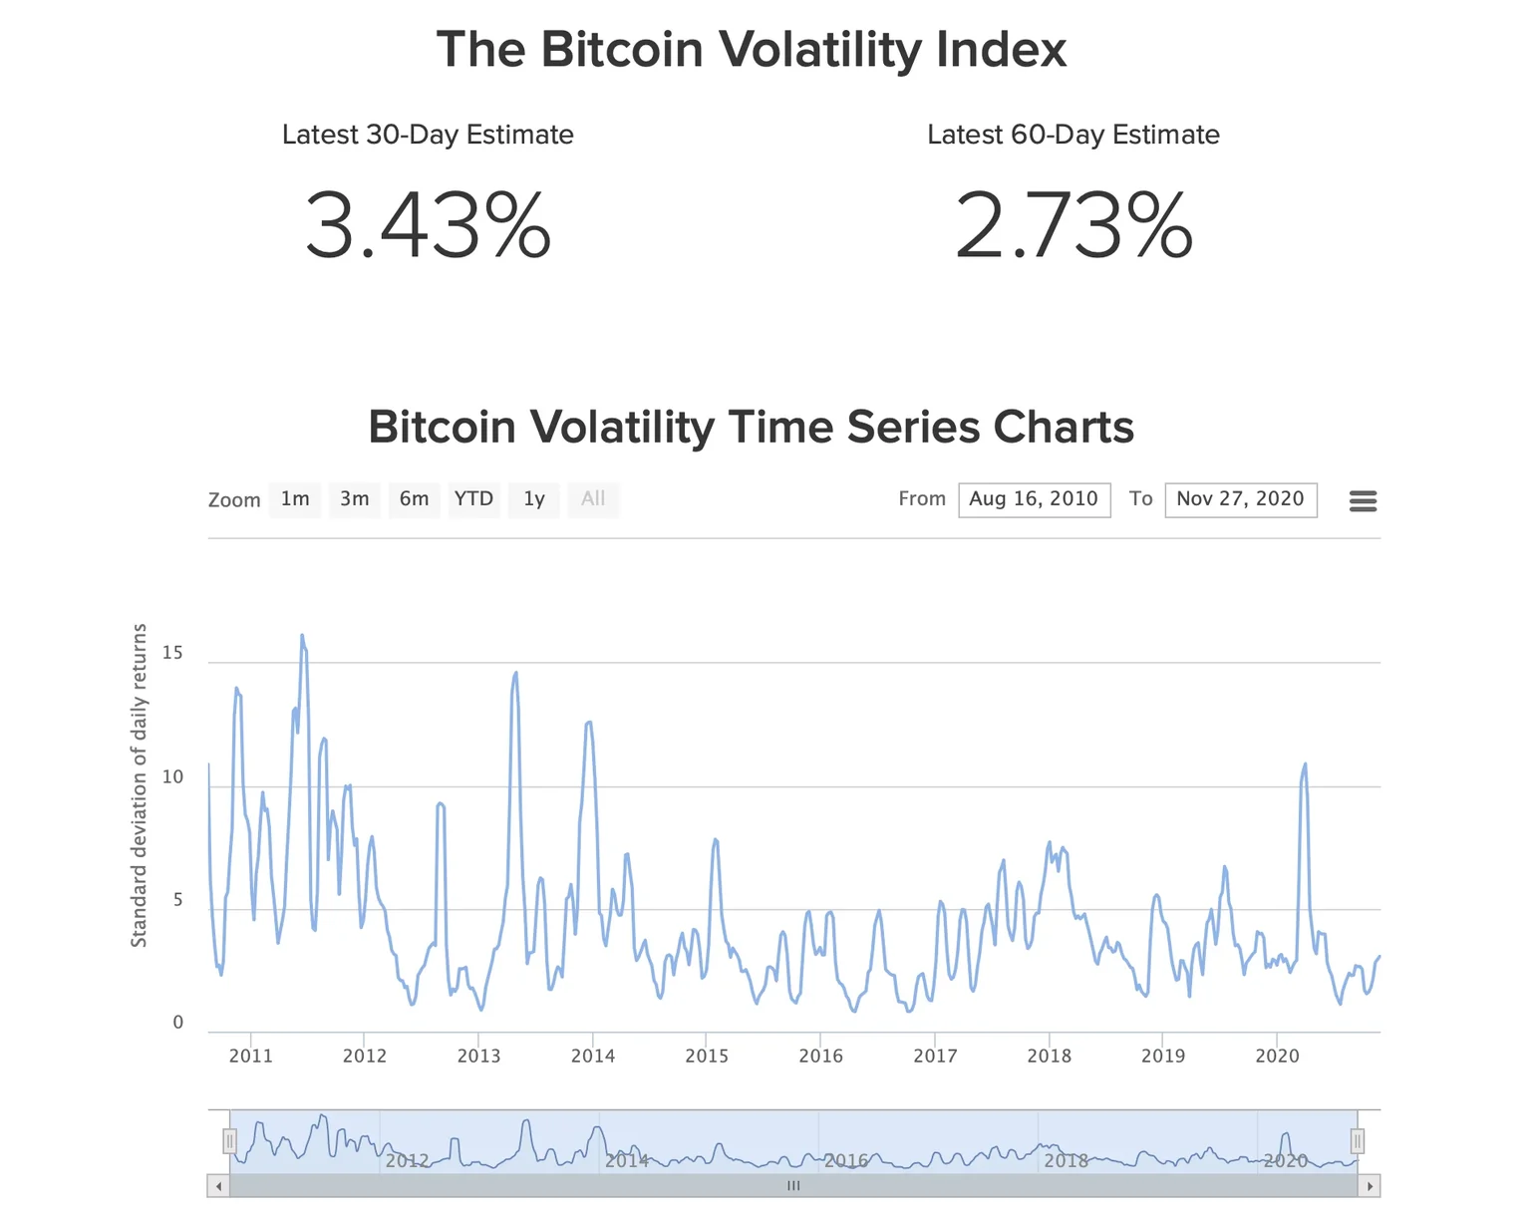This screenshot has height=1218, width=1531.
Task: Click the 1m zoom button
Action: click(x=295, y=499)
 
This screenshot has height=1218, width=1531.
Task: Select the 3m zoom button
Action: click(x=355, y=499)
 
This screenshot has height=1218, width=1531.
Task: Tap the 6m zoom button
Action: click(x=414, y=499)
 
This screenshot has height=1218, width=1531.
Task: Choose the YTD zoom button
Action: click(x=473, y=499)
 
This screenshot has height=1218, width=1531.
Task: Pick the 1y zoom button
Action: click(x=534, y=499)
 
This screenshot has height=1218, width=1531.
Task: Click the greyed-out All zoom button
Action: click(x=593, y=499)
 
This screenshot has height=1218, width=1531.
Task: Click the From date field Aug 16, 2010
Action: click(x=1034, y=499)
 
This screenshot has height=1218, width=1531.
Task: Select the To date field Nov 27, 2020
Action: click(x=1240, y=499)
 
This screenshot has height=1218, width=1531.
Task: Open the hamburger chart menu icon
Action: click(x=1363, y=500)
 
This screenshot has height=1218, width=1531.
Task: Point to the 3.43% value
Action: click(x=428, y=227)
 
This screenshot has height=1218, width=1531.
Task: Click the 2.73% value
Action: click(x=1073, y=227)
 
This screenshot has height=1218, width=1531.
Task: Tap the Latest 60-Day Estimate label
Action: click(x=1073, y=135)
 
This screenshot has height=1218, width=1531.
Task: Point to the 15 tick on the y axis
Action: click(x=172, y=653)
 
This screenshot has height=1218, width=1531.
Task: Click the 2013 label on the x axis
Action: click(x=478, y=1057)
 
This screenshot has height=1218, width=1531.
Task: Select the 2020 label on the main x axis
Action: click(x=1277, y=1057)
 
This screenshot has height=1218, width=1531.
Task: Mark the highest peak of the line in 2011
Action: click(x=302, y=636)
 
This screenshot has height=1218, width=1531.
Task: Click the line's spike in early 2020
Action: click(x=1305, y=764)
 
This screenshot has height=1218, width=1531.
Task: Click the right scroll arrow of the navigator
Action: click(x=1370, y=1186)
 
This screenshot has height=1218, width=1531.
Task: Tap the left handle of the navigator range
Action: click(x=229, y=1140)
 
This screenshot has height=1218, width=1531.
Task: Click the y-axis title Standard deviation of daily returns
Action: click(x=140, y=785)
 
